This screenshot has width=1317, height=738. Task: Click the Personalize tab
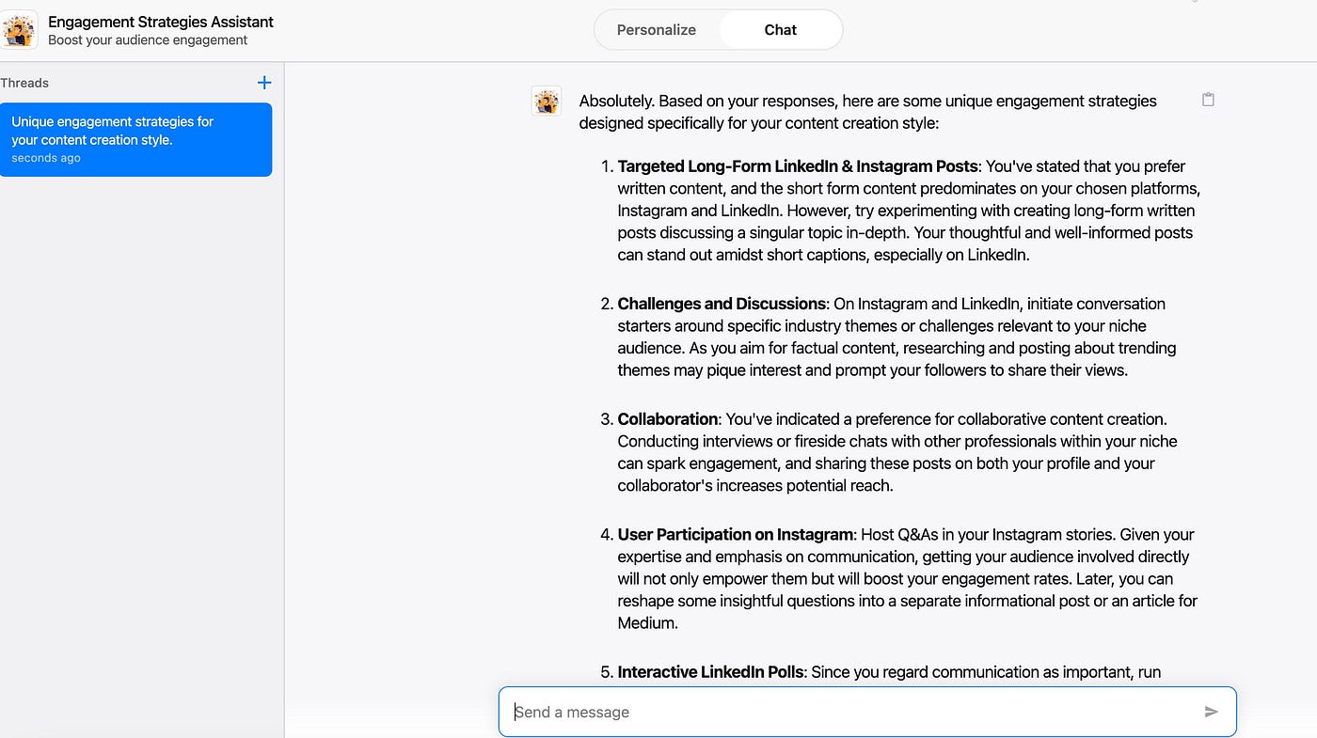656,30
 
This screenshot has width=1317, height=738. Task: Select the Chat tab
780,30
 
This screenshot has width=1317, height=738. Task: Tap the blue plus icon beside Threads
264,83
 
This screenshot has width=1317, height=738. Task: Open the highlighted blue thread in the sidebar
136,139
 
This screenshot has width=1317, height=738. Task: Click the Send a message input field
847,712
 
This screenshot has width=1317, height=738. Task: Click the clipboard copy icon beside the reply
1208,100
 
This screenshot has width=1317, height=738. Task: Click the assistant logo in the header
20,30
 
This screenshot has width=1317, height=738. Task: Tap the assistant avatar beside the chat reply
547,102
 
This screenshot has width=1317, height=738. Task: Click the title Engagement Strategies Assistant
161,22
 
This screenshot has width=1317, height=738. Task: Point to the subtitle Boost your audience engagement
148,40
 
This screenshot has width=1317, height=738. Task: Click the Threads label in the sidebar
24,83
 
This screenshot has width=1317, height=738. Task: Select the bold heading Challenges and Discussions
722,304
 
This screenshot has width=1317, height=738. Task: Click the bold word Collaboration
667,419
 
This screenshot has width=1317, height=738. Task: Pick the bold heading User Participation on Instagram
735,535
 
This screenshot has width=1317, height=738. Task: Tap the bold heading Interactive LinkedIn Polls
710,672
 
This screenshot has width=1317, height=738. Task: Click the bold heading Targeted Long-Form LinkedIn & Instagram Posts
798,166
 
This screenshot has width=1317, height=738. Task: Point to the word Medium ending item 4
647,622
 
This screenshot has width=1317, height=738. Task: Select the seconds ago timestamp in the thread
46,158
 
